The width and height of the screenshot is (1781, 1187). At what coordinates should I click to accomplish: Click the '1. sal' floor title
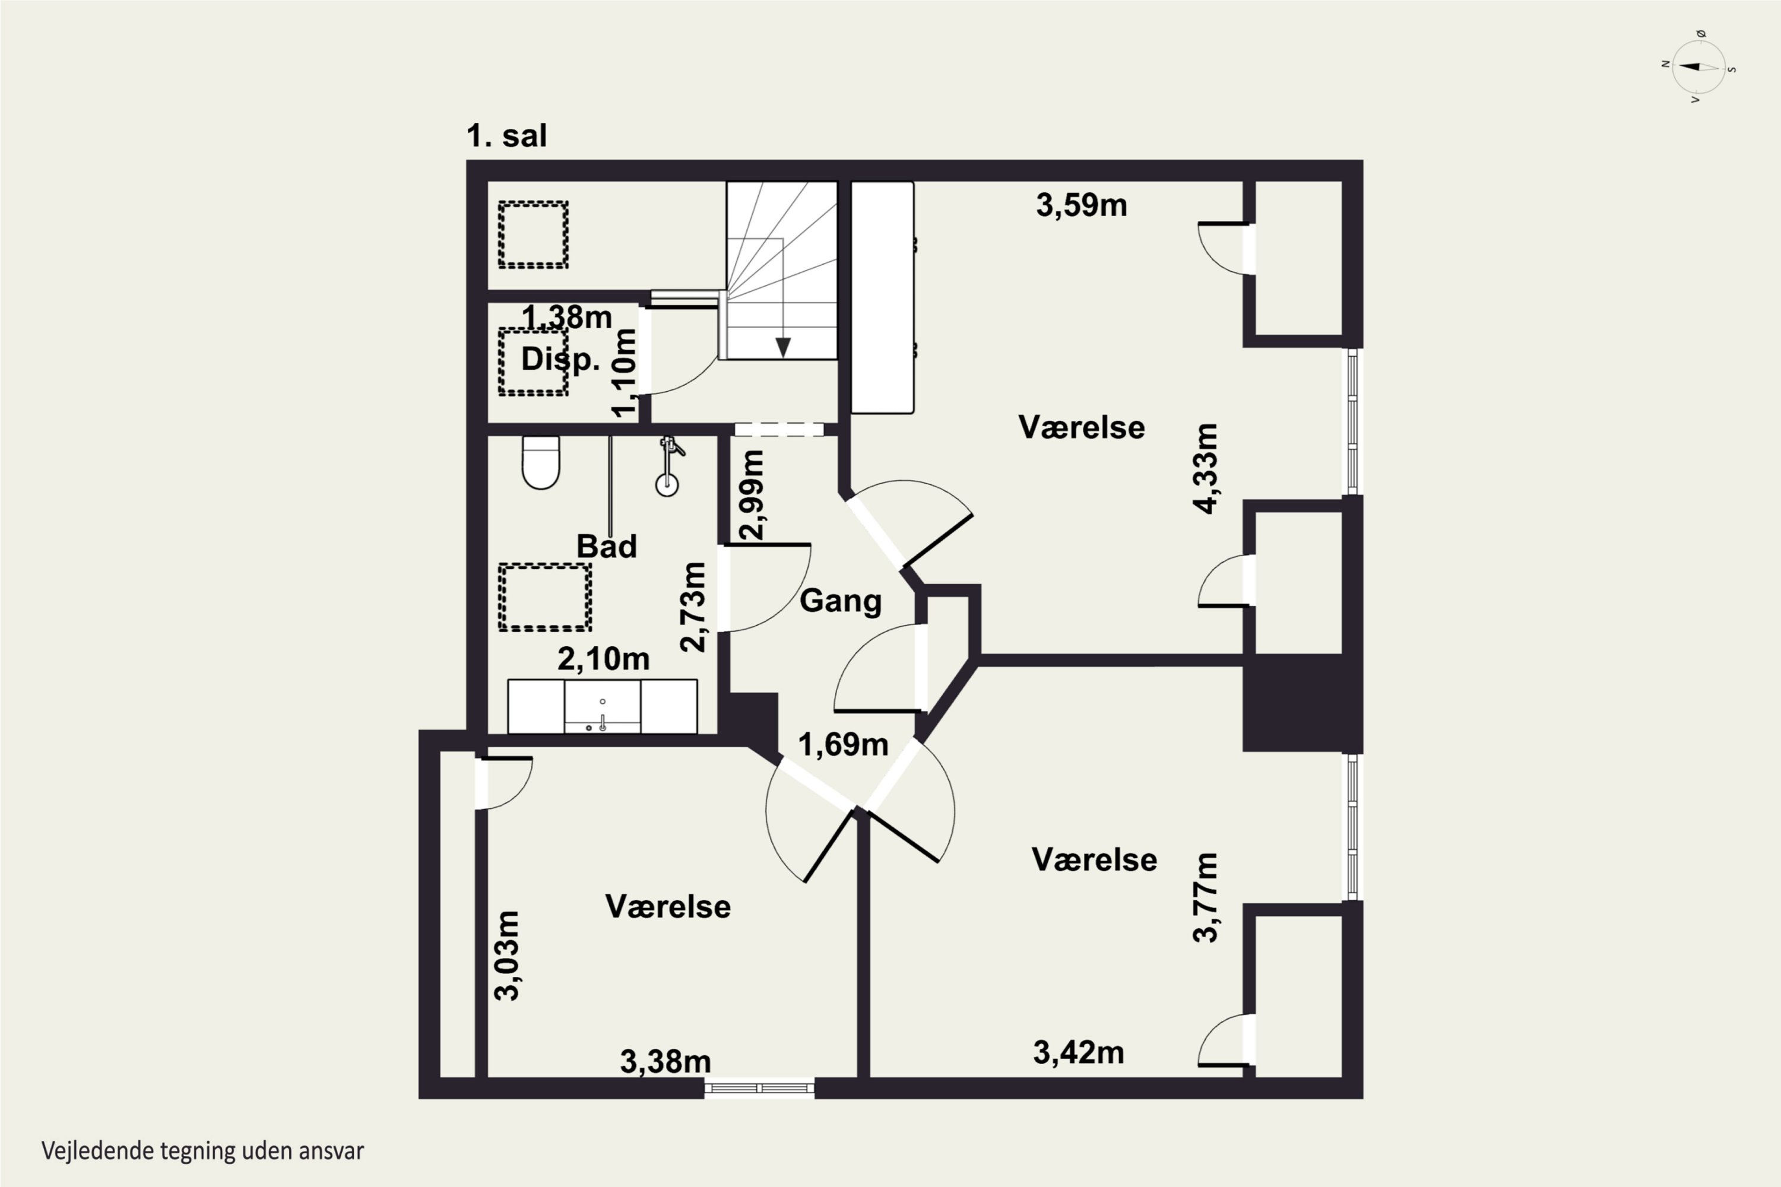pyautogui.click(x=506, y=137)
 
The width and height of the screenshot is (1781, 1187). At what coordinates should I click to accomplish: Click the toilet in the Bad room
pyautogui.click(x=541, y=462)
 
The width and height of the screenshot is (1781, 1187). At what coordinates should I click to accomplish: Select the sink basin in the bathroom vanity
pyautogui.click(x=602, y=706)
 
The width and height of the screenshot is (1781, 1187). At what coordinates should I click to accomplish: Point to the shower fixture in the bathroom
pyautogui.click(x=668, y=465)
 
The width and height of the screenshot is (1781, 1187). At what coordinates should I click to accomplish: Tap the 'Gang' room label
pyautogui.click(x=841, y=601)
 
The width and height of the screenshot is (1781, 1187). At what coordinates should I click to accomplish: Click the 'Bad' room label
pyautogui.click(x=607, y=546)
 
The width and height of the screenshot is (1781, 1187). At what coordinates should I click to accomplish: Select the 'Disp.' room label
pyautogui.click(x=560, y=359)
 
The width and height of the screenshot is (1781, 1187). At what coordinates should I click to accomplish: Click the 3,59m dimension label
pyautogui.click(x=1081, y=205)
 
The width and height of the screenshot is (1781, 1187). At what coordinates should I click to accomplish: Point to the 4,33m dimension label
pyautogui.click(x=1206, y=469)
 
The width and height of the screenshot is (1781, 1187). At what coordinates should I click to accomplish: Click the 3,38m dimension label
pyautogui.click(x=666, y=1061)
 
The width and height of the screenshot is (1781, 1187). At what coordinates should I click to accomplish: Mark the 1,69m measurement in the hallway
pyautogui.click(x=843, y=745)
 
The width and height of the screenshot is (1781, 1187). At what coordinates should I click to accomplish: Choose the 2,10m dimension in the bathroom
pyautogui.click(x=604, y=659)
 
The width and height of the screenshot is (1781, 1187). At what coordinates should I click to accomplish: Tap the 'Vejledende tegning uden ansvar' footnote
pyautogui.click(x=203, y=1151)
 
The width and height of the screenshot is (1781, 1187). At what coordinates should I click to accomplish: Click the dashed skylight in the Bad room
pyautogui.click(x=544, y=597)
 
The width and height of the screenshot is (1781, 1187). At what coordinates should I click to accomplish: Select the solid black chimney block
pyautogui.click(x=1303, y=703)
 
